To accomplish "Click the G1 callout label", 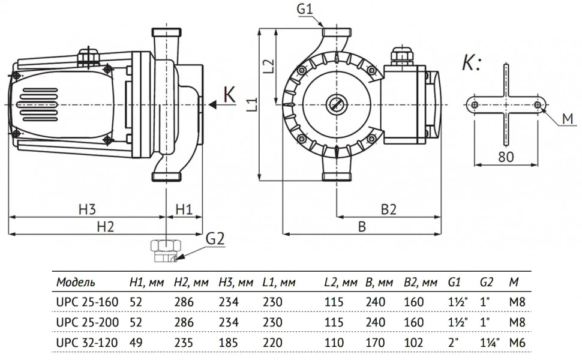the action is pyautogui.click(x=305, y=8).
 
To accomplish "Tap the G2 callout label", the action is pyautogui.click(x=215, y=239).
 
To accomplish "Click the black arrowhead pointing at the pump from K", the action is pyautogui.click(x=212, y=104).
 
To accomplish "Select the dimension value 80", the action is pyautogui.click(x=506, y=157).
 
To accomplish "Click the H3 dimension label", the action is pyautogui.click(x=87, y=209).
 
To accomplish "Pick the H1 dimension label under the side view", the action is pyautogui.click(x=184, y=209).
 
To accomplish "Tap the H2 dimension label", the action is pyautogui.click(x=106, y=226).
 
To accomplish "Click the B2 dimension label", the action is pyautogui.click(x=389, y=209).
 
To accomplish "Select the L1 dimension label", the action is pyautogui.click(x=252, y=104).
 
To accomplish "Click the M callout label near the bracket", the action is pyautogui.click(x=568, y=119).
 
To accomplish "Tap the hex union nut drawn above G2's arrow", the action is pyautogui.click(x=166, y=245).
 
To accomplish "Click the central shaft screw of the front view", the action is pyautogui.click(x=336, y=104).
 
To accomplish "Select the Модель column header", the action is pyautogui.click(x=76, y=283).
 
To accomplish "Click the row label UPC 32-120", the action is pyautogui.click(x=87, y=342).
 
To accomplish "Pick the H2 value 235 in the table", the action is pyautogui.click(x=184, y=342).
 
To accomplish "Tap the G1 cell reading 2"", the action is pyautogui.click(x=454, y=342).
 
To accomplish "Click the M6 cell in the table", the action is pyautogui.click(x=517, y=342).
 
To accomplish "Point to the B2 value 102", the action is pyautogui.click(x=413, y=342).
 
